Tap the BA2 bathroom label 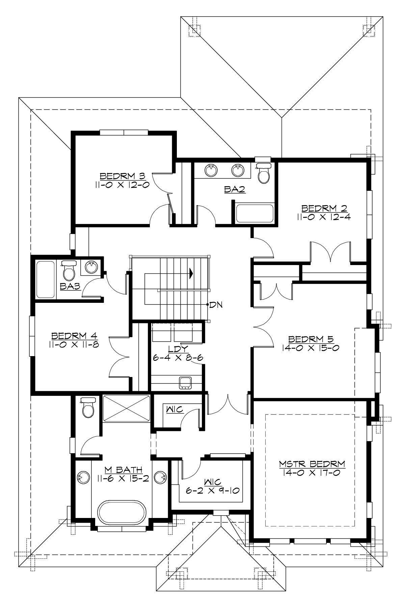click(x=235, y=190)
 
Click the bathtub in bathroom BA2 click(x=255, y=213)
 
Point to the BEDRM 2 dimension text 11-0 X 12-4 click(x=324, y=216)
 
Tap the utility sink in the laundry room click(x=185, y=382)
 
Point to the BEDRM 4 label click(x=74, y=336)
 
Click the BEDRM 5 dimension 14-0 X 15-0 click(x=309, y=348)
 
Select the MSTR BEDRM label click(x=312, y=464)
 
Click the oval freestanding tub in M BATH click(x=122, y=514)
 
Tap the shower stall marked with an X click(x=126, y=408)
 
